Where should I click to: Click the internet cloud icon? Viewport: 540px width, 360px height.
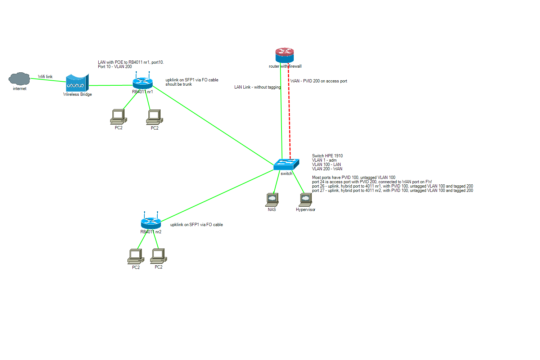click(x=19, y=78)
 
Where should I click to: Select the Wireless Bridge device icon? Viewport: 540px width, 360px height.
click(x=77, y=83)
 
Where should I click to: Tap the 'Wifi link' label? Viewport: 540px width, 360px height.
click(x=45, y=77)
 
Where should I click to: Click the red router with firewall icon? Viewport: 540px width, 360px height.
click(x=285, y=55)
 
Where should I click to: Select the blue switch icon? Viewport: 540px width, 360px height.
click(x=286, y=165)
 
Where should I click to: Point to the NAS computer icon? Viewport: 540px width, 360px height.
click(x=272, y=199)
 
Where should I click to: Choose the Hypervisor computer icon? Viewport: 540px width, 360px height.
click(x=306, y=200)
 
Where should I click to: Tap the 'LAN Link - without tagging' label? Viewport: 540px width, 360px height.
click(x=257, y=87)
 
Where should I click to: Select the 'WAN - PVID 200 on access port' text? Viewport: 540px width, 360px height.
click(x=319, y=81)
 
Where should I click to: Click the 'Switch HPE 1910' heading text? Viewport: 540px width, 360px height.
click(x=327, y=156)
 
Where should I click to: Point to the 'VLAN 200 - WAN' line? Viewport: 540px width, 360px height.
click(x=327, y=169)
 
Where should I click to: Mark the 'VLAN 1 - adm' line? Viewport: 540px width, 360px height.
click(x=324, y=160)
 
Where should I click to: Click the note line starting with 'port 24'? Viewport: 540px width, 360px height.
click(x=372, y=182)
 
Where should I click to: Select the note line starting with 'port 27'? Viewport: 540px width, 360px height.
click(x=392, y=190)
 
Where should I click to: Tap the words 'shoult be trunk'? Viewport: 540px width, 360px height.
click(x=179, y=84)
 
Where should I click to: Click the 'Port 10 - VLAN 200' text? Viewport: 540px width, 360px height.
click(x=115, y=67)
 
